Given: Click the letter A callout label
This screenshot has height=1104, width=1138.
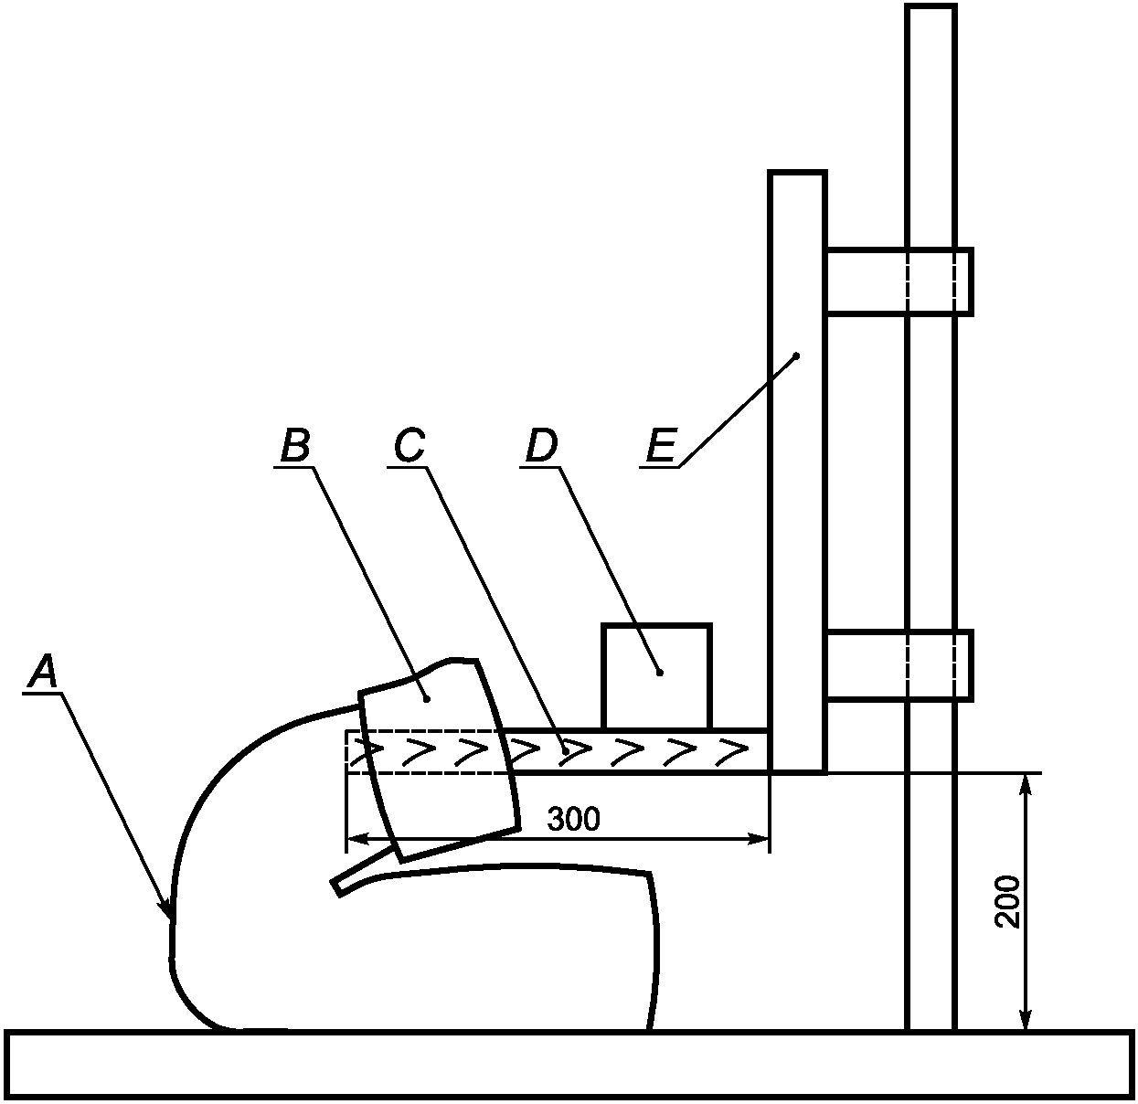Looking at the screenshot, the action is (43, 672).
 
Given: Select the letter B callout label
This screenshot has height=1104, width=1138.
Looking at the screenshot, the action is (295, 446).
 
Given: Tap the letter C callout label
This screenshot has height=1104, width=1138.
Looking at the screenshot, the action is (409, 446).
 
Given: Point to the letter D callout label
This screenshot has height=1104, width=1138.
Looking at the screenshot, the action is (541, 446).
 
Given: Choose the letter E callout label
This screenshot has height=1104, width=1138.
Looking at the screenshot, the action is (662, 446).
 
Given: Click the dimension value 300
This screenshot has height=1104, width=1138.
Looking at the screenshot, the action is (574, 819).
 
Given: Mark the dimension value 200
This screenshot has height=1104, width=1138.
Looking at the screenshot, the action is (1007, 901).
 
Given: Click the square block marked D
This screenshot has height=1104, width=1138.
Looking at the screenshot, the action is (656, 676).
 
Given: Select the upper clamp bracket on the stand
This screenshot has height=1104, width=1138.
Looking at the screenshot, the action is (899, 281).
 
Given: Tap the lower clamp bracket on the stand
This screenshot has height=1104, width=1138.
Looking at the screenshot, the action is (899, 665).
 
